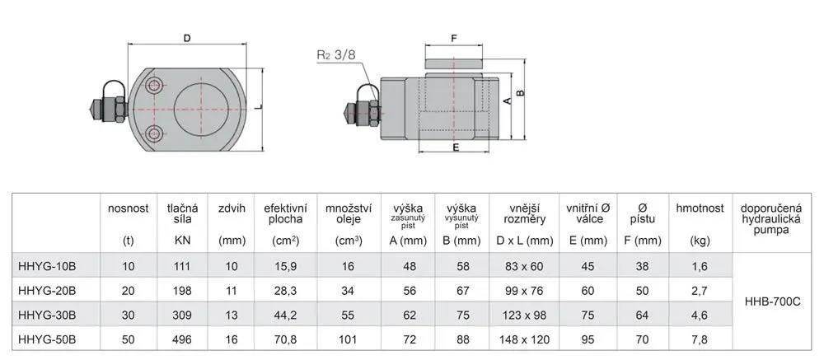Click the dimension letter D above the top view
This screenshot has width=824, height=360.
coord(186,38)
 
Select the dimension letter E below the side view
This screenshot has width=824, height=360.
coord(456,147)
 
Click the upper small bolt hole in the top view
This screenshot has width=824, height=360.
coord(154,85)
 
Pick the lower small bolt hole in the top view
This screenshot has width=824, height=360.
coord(154,133)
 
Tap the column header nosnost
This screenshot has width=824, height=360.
coord(129,208)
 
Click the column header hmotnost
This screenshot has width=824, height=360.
coord(700,208)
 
